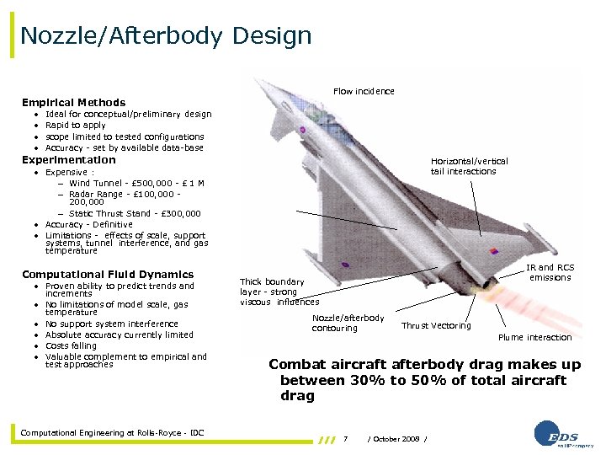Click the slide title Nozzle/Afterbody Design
tap(166, 36)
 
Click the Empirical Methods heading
tap(73, 103)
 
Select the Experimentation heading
tap(69, 160)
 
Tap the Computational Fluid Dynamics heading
tap(108, 275)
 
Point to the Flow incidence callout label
tap(364, 91)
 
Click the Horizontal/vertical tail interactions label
tap(469, 166)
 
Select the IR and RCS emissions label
tap(550, 272)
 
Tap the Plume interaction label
tap(534, 338)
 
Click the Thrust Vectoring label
tap(436, 326)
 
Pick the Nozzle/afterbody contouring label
tap(348, 323)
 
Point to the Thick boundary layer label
tap(279, 292)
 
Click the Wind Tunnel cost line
tap(136, 184)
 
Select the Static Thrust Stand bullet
tap(135, 214)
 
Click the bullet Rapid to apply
tap(76, 126)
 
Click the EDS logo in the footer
tap(555, 435)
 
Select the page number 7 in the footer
tap(346, 438)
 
